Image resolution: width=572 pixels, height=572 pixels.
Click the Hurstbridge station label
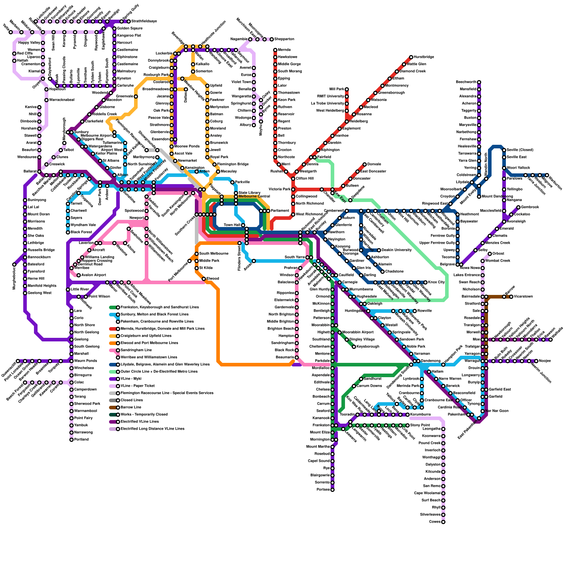pos(424,57)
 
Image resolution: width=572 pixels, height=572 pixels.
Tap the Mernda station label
pos(284,50)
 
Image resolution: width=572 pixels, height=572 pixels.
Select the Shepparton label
pos(284,39)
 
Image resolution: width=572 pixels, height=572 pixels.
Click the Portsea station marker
pos(332,490)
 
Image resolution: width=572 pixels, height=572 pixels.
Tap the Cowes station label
pos(435,522)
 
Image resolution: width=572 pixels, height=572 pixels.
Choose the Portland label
pos(82,440)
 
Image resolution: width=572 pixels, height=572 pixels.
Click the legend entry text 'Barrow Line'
pos(131,408)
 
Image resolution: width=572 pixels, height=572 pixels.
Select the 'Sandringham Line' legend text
pos(136,350)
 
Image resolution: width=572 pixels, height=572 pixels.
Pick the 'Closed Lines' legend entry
pos(132,400)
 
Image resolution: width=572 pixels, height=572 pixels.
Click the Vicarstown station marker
pos(511,297)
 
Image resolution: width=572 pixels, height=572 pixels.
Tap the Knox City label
pos(437,282)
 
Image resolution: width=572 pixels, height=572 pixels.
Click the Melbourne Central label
pos(254,197)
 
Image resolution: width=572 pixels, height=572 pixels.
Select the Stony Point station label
pos(420,425)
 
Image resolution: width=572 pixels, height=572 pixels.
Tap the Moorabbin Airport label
pos(358,332)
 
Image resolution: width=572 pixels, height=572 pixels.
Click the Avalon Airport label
pos(94,275)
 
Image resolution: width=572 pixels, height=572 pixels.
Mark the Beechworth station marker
pos(479,82)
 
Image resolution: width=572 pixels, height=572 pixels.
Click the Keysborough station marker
pos(354,347)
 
